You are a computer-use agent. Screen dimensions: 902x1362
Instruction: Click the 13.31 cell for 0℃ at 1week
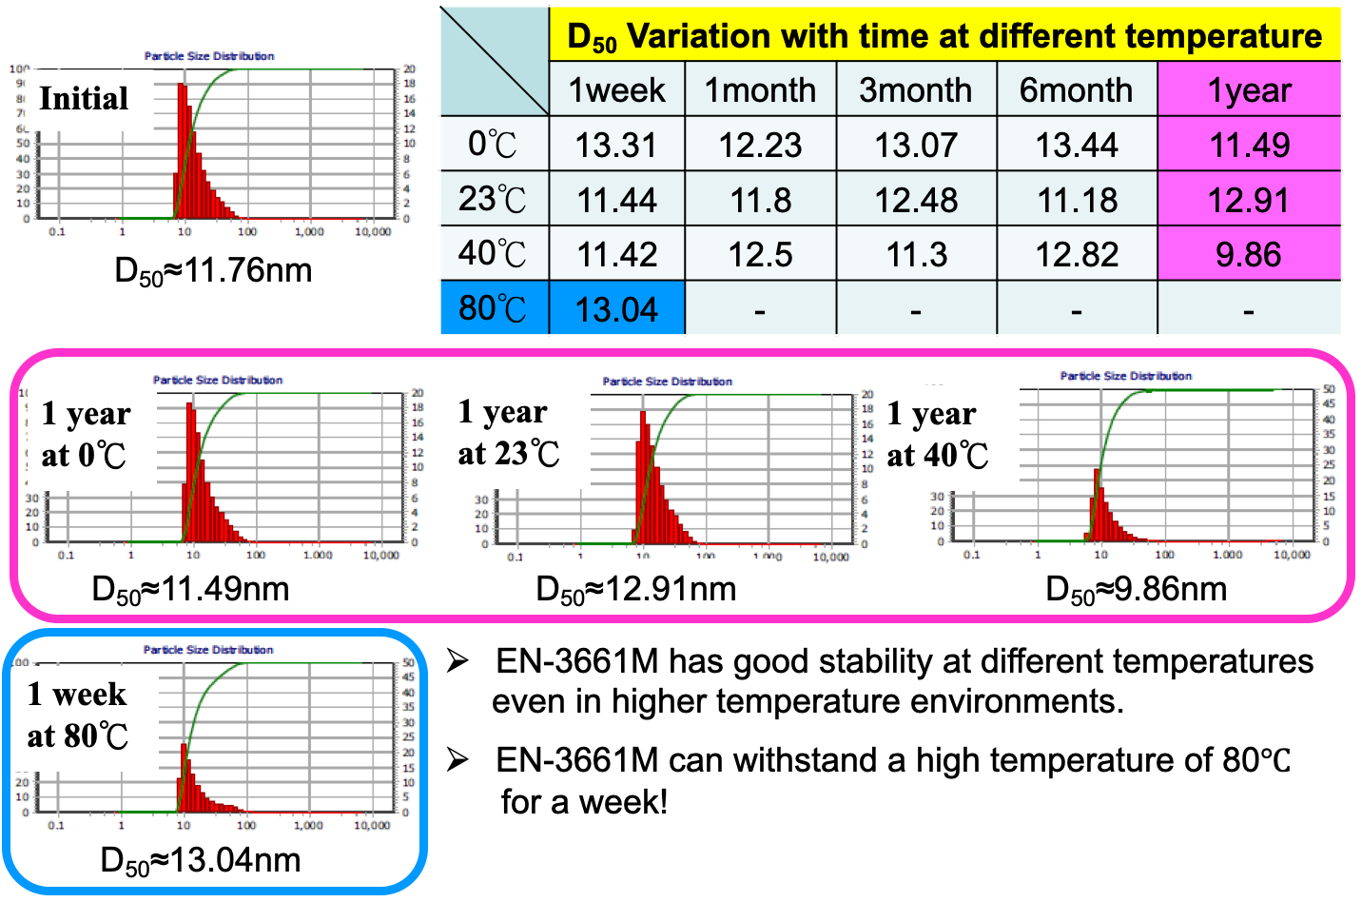pyautogui.click(x=616, y=145)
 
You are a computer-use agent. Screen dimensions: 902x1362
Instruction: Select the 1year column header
pyautogui.click(x=1249, y=90)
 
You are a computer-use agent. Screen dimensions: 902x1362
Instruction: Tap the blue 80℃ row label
pyautogui.click(x=493, y=308)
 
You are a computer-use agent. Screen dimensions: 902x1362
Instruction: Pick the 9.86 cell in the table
pyautogui.click(x=1249, y=254)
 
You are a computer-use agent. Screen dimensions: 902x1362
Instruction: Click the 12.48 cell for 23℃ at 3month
pyautogui.click(x=916, y=200)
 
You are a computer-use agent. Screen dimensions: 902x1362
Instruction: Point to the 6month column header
pyautogui.click(x=1076, y=90)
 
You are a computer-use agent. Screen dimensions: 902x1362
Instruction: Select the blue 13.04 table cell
pyautogui.click(x=616, y=309)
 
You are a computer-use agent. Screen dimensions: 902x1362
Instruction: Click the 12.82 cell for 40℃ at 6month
pyautogui.click(x=1077, y=254)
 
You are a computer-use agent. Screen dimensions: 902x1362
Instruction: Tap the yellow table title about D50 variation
pyautogui.click(x=944, y=36)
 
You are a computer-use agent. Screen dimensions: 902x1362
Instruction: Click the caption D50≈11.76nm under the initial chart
pyautogui.click(x=213, y=271)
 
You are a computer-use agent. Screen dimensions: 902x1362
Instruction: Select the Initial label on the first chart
pyautogui.click(x=84, y=98)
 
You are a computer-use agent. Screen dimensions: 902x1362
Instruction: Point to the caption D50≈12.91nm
pyautogui.click(x=636, y=590)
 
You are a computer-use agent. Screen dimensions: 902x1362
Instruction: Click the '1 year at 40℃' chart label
pyautogui.click(x=937, y=435)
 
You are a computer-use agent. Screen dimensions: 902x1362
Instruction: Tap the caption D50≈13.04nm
pyautogui.click(x=201, y=861)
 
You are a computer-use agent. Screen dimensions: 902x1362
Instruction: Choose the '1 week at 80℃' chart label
pyautogui.click(x=77, y=715)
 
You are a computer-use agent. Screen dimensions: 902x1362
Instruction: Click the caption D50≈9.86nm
pyautogui.click(x=1137, y=590)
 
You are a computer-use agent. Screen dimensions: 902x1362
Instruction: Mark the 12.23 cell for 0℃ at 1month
pyautogui.click(x=760, y=145)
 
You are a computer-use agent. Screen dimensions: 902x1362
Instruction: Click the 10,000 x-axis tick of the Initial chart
pyautogui.click(x=372, y=232)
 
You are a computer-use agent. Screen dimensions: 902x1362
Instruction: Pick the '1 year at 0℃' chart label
pyautogui.click(x=86, y=435)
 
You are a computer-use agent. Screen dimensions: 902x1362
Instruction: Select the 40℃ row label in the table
pyautogui.click(x=493, y=254)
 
